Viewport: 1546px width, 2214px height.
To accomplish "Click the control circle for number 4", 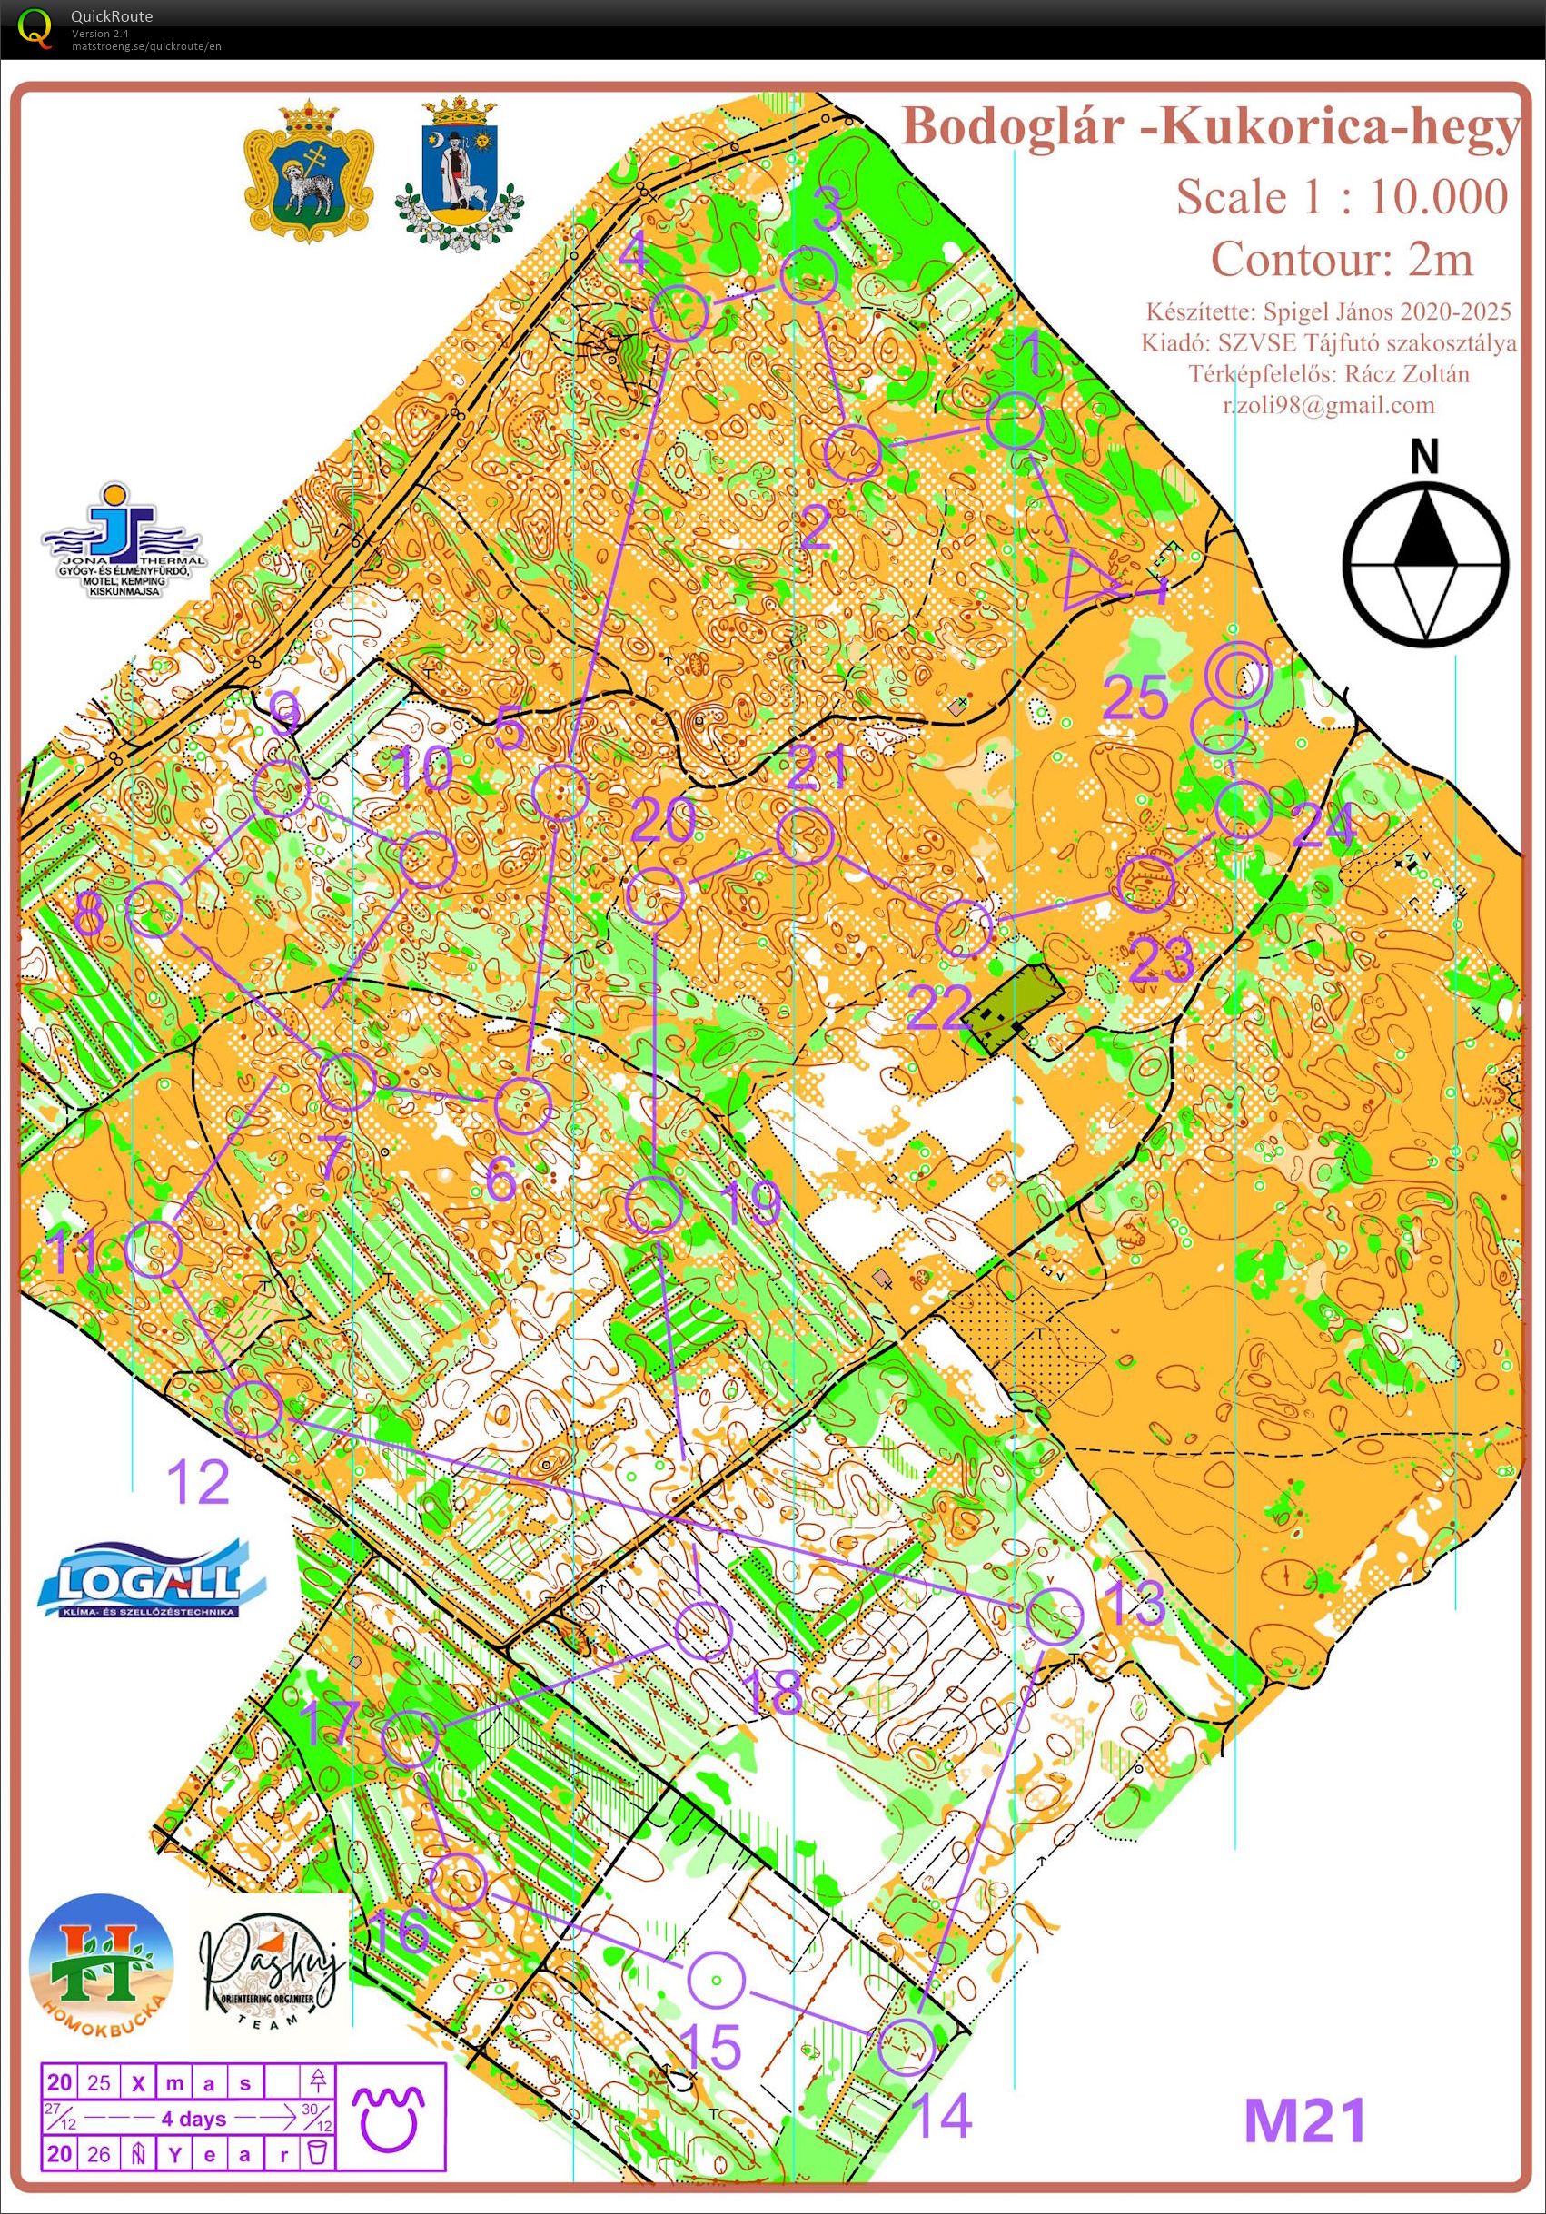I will point(680,313).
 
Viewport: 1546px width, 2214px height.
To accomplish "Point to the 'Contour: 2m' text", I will point(1341,259).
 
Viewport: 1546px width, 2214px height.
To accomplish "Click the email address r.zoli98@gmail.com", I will point(1328,405).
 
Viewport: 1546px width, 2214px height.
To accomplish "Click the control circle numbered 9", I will point(282,789).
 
